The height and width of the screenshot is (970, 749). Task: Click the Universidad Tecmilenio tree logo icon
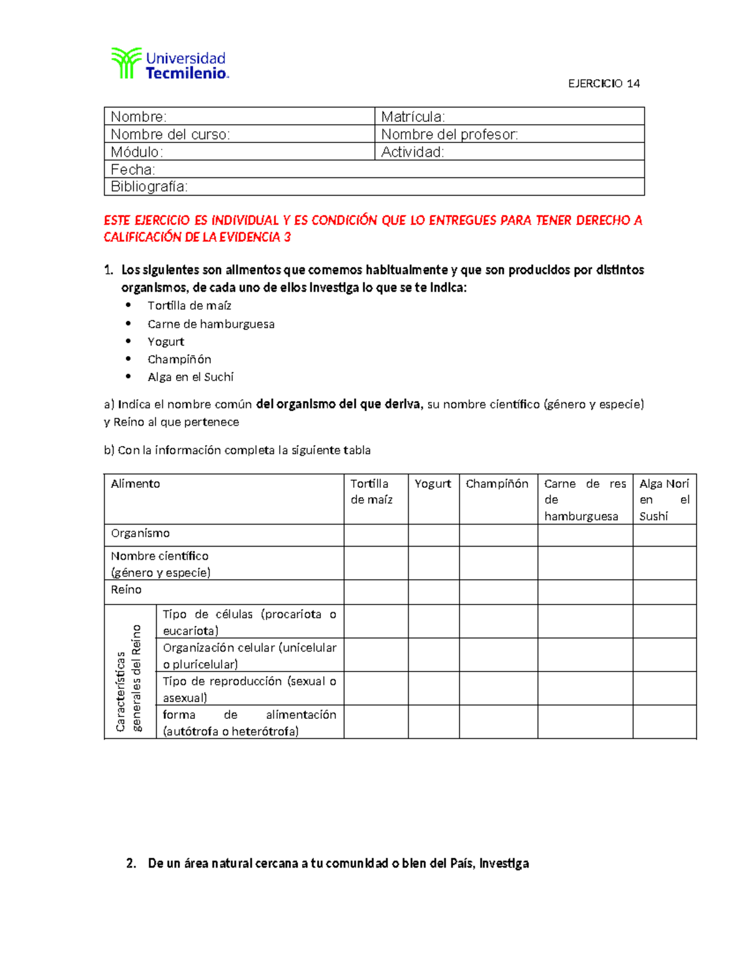tap(126, 63)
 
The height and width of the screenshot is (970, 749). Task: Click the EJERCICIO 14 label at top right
tap(604, 84)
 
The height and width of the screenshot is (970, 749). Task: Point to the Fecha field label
tap(133, 169)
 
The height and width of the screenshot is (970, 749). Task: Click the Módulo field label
tap(137, 152)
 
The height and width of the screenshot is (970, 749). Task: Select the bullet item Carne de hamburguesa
tap(211, 324)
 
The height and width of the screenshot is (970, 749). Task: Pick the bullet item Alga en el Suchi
tap(190, 377)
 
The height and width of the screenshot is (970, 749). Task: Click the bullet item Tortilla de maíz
tap(189, 305)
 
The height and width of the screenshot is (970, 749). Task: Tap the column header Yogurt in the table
tap(433, 484)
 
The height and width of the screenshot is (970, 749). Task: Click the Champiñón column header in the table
tap(497, 484)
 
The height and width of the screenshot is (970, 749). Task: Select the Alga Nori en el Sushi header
tap(664, 500)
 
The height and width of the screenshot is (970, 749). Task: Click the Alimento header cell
tap(135, 484)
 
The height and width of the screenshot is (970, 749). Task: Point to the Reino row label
tap(126, 590)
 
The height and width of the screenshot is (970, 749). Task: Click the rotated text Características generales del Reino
tap(129, 678)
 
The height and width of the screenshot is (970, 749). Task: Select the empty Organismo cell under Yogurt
tap(434, 535)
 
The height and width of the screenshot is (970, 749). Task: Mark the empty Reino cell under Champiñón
tap(498, 592)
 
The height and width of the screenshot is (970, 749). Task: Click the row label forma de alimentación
tap(249, 723)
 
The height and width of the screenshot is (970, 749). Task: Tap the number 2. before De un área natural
tap(131, 863)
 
